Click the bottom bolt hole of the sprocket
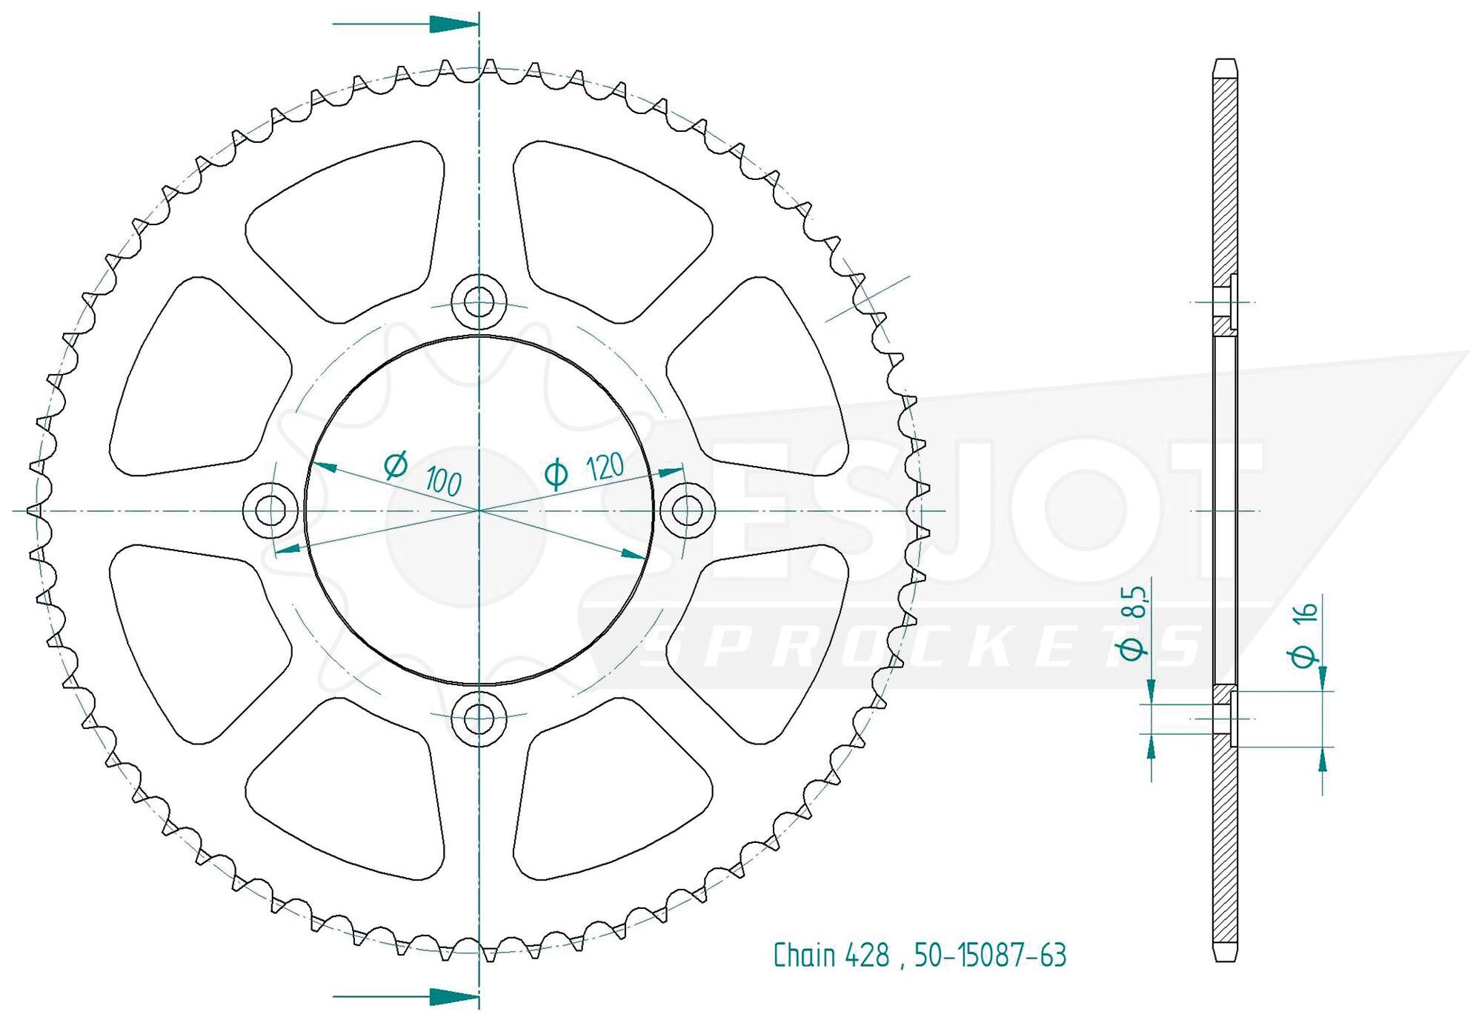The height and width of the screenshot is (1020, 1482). pyautogui.click(x=479, y=716)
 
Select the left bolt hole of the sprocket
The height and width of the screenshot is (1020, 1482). pyautogui.click(x=272, y=510)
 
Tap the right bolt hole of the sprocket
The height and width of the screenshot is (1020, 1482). pyautogui.click(x=687, y=510)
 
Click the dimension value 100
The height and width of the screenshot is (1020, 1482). pyautogui.click(x=443, y=482)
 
